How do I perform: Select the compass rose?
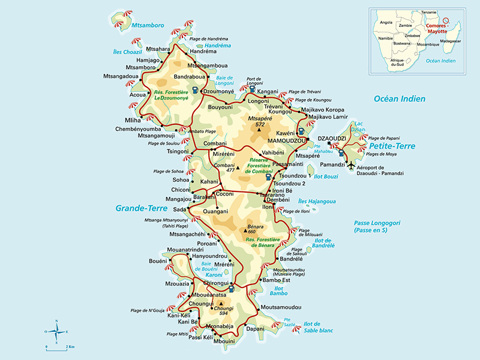(x=56, y=331)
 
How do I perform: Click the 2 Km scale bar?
(x=57, y=347)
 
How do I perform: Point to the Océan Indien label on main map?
(x=399, y=98)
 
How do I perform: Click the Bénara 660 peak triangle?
(x=244, y=230)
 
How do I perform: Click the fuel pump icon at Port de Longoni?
(x=251, y=89)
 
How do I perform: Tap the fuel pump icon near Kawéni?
(x=301, y=131)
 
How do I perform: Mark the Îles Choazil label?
(x=127, y=52)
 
